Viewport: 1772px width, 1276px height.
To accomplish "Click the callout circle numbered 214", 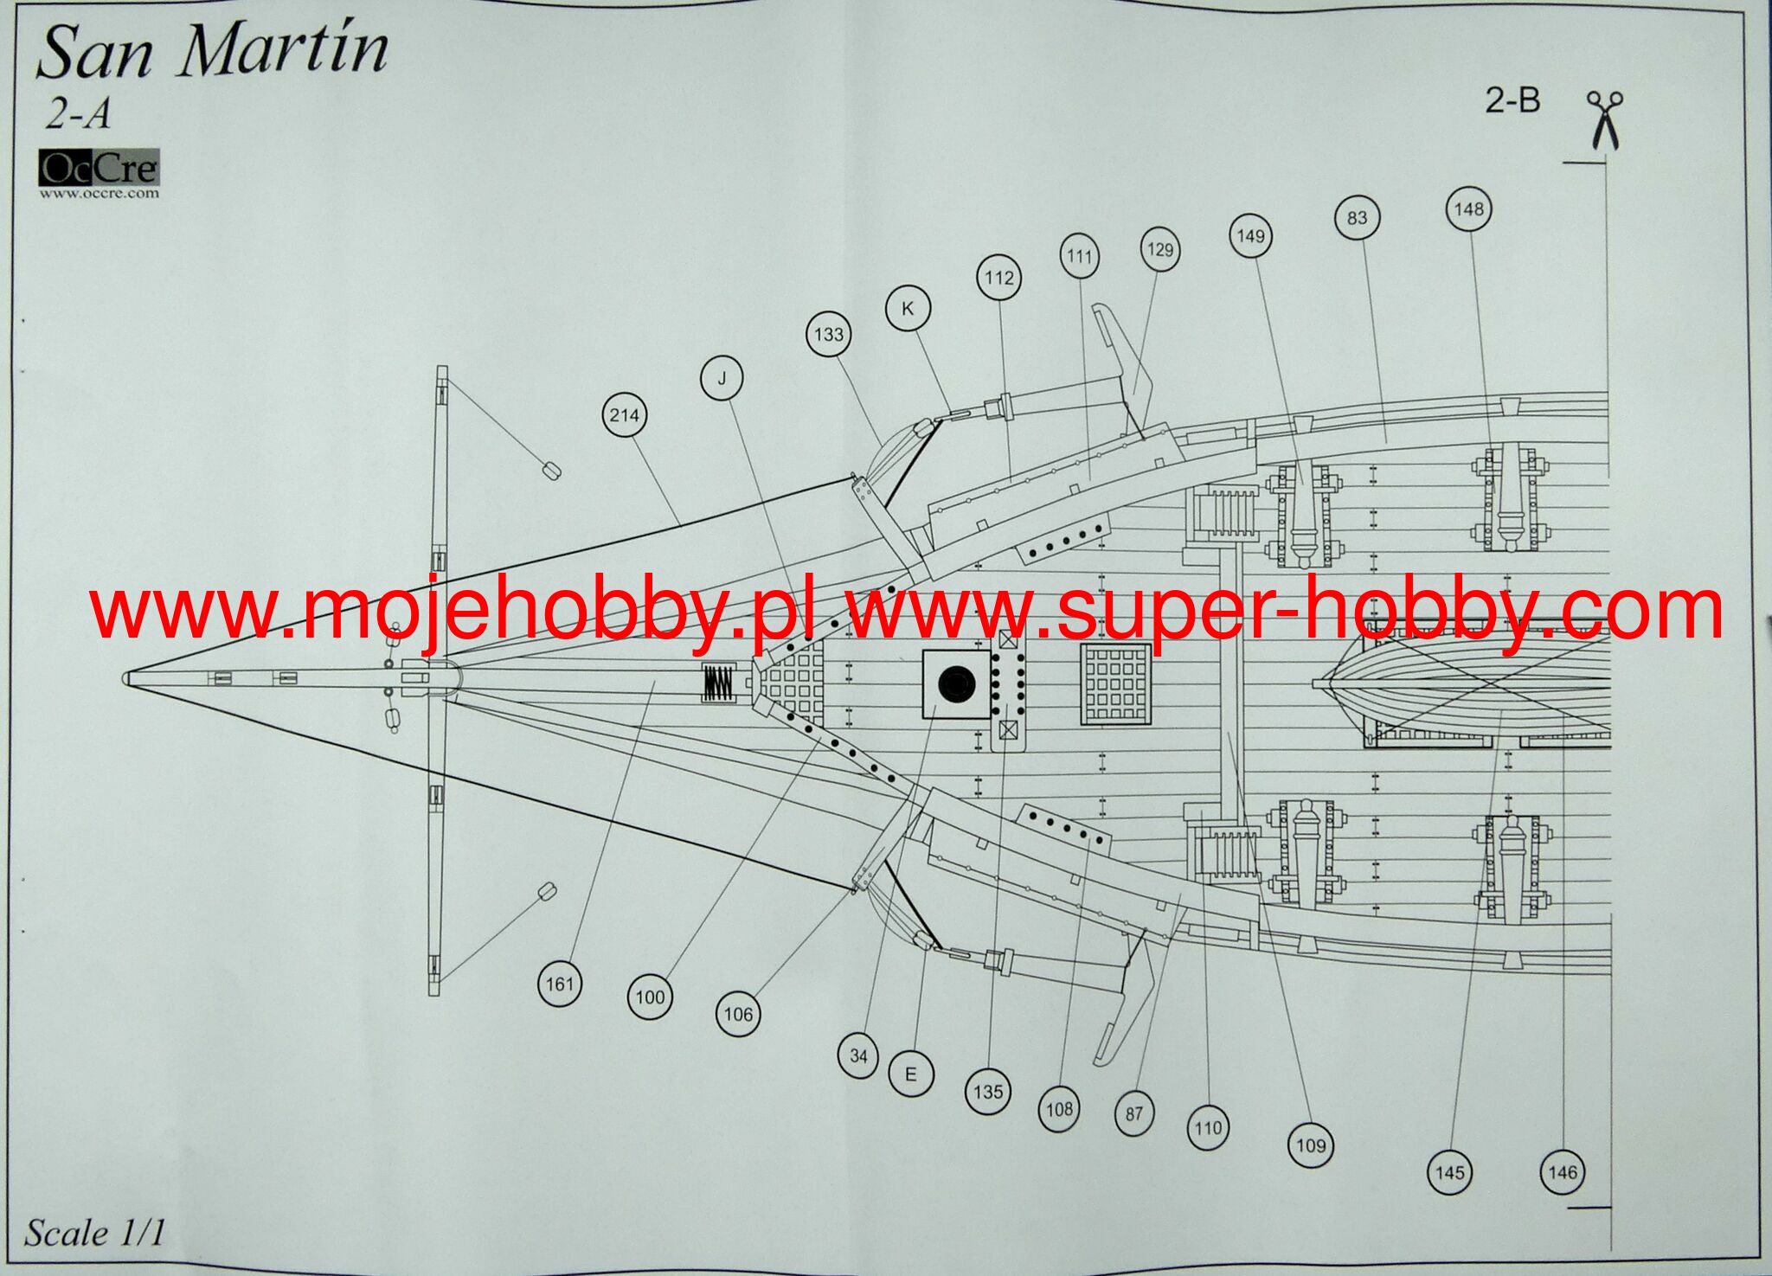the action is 625,415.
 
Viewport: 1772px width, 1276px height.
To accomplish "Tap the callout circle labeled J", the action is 722,378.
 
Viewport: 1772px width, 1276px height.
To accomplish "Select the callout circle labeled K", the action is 908,309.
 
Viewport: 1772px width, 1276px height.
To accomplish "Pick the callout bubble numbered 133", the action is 828,334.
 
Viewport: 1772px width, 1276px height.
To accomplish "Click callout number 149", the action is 1250,236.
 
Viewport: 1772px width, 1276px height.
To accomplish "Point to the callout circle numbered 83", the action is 1357,217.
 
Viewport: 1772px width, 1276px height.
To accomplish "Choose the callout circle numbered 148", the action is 1468,208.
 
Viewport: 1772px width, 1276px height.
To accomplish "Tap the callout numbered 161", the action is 560,984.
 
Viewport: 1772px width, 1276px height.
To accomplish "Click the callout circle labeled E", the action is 910,1074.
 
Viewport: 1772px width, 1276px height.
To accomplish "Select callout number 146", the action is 1563,1172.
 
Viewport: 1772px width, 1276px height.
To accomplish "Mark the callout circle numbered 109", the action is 1311,1145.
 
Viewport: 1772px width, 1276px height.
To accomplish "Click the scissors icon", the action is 1604,119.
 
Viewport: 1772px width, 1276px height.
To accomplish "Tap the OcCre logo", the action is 99,169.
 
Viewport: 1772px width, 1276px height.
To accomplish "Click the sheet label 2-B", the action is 1512,101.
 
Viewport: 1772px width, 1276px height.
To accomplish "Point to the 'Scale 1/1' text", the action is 93,1233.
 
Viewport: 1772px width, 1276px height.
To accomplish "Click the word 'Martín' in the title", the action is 284,52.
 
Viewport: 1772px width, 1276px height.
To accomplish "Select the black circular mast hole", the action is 957,684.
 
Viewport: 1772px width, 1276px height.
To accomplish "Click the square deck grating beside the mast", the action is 1116,683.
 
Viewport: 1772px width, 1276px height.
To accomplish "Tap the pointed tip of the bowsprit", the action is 126,679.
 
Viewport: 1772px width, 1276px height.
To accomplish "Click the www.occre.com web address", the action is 99,194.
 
